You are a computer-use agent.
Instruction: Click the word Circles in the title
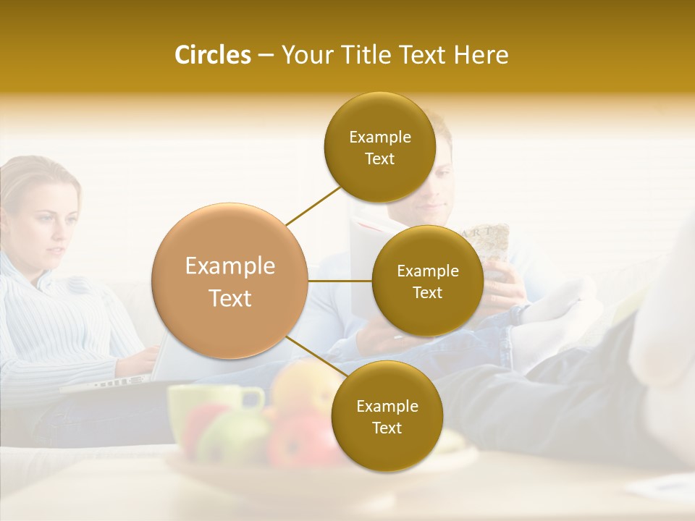pos(212,55)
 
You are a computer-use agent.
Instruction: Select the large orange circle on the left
pos(229,281)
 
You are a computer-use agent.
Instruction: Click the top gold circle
pos(379,147)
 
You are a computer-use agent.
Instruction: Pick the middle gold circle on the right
pos(427,281)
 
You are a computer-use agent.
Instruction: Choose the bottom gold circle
pos(387,416)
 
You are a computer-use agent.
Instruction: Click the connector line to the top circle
pos(313,205)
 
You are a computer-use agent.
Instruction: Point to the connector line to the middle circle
pos(340,281)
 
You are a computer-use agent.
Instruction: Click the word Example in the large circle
pos(229,266)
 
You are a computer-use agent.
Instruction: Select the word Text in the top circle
pos(379,159)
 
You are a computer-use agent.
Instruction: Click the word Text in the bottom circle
pos(387,428)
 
